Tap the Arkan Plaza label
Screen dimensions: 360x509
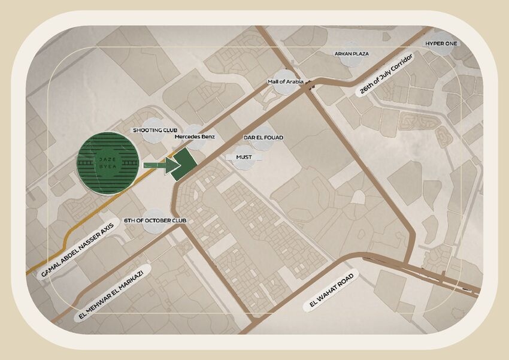coord(352,54)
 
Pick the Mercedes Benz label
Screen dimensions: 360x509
coord(195,137)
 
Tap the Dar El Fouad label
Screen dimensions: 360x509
coord(263,138)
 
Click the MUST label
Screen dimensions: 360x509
coord(244,157)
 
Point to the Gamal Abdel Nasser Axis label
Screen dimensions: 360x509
coord(74,247)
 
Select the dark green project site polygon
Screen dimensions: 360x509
coord(184,164)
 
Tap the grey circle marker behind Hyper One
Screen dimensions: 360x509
coord(442,43)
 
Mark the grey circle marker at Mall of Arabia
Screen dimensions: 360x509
coord(285,84)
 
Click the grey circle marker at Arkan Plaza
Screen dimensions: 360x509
coord(351,53)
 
